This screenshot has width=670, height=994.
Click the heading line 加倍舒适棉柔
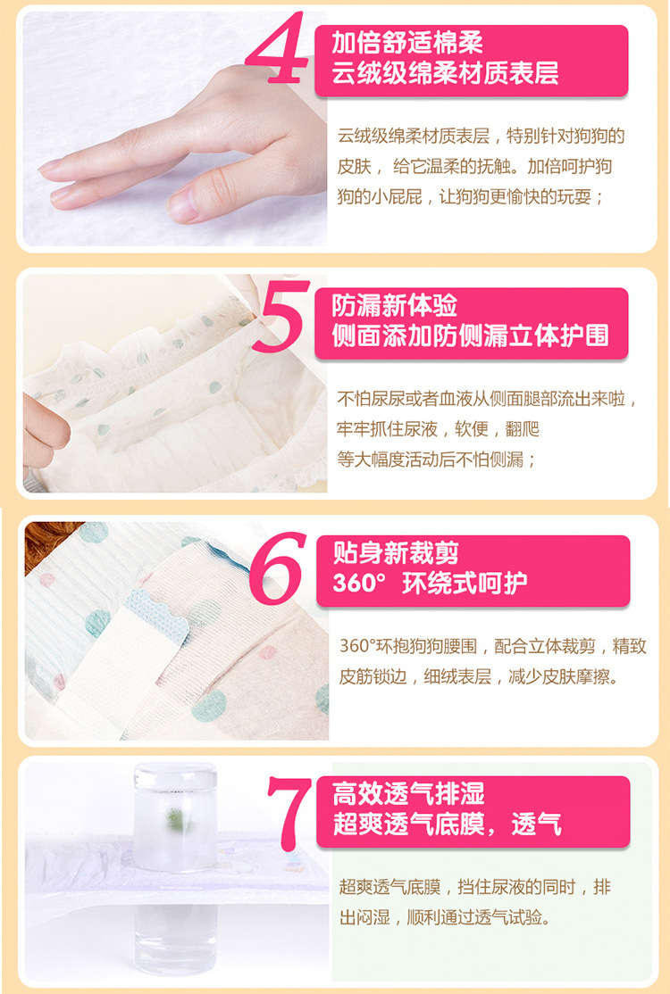pos(406,43)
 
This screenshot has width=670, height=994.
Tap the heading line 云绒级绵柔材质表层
pos(445,73)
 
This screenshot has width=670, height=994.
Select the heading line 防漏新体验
pos(394,305)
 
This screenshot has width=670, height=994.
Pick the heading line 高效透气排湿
pos(408,793)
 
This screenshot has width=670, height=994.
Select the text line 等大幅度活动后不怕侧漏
pos(436,460)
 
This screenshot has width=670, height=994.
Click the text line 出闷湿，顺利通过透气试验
pos(444,917)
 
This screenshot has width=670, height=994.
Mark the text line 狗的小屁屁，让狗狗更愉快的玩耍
pos(470,196)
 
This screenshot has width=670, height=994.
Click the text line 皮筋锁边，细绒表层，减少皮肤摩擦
pos(479,676)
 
